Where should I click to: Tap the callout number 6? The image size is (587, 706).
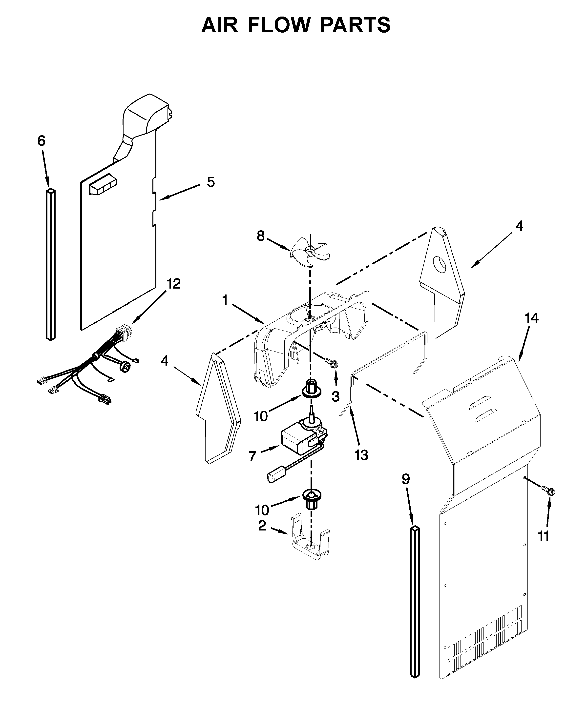(41, 141)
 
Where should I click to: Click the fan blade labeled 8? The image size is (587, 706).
(310, 251)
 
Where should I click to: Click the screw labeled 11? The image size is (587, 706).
(549, 491)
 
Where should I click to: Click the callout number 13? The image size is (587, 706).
(361, 455)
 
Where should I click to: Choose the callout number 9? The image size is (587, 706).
(406, 479)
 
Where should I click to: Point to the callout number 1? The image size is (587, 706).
(225, 300)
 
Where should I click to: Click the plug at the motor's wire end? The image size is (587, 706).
(274, 477)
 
